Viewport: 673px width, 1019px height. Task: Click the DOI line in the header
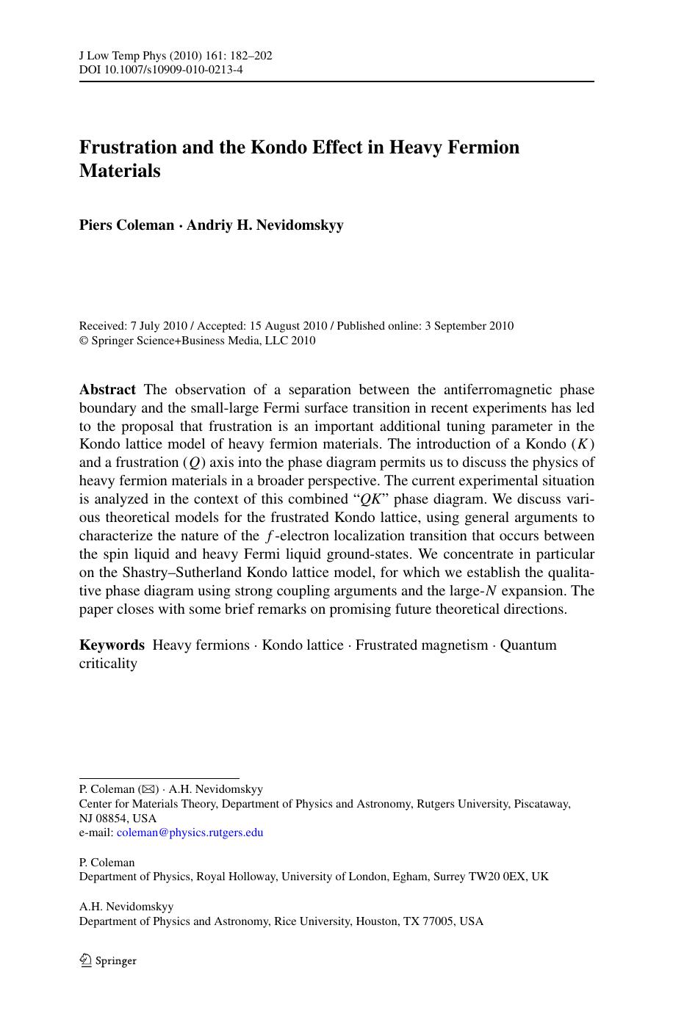point(161,70)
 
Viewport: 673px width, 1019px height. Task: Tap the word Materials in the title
point(119,170)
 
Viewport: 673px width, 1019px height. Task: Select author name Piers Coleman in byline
point(126,225)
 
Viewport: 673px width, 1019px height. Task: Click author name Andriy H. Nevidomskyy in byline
point(264,225)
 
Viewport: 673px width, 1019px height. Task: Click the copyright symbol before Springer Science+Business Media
point(83,341)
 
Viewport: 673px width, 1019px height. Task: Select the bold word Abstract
point(107,389)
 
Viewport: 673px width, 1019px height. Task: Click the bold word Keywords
point(112,645)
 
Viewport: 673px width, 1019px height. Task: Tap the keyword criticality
point(108,664)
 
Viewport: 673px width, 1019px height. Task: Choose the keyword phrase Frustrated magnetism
point(421,645)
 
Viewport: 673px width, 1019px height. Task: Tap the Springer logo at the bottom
point(108,960)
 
